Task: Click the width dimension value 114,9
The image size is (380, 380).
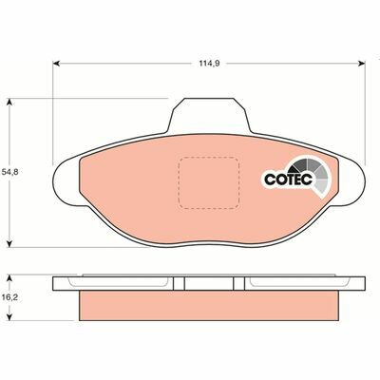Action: click(209, 65)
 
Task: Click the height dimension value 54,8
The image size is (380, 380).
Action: click(9, 171)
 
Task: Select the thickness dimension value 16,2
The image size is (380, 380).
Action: click(9, 297)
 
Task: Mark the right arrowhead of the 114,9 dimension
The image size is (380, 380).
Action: click(364, 65)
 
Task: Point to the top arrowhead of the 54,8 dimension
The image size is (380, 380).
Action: click(11, 99)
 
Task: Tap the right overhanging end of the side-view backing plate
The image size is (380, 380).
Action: click(352, 283)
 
